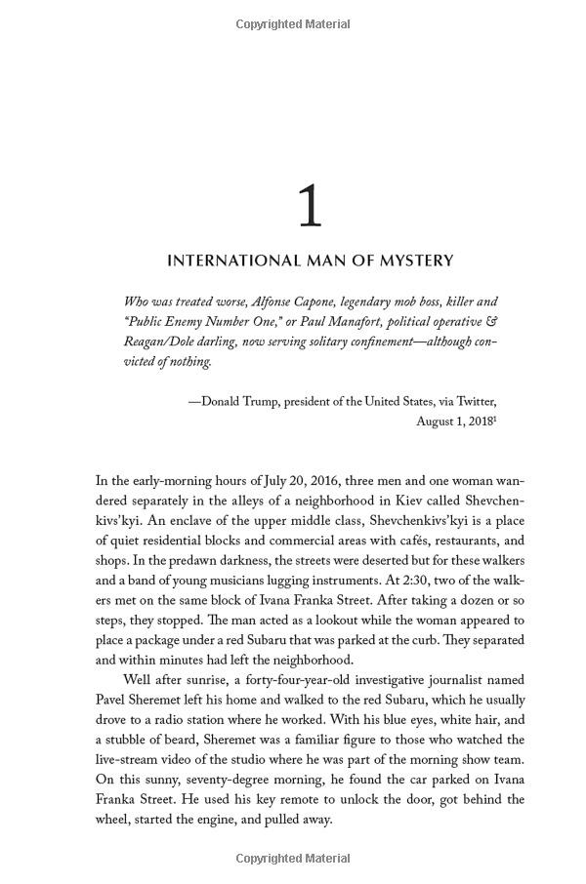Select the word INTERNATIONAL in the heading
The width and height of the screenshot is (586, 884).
tap(224, 261)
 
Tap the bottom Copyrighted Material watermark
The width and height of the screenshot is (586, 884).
tap(293, 859)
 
